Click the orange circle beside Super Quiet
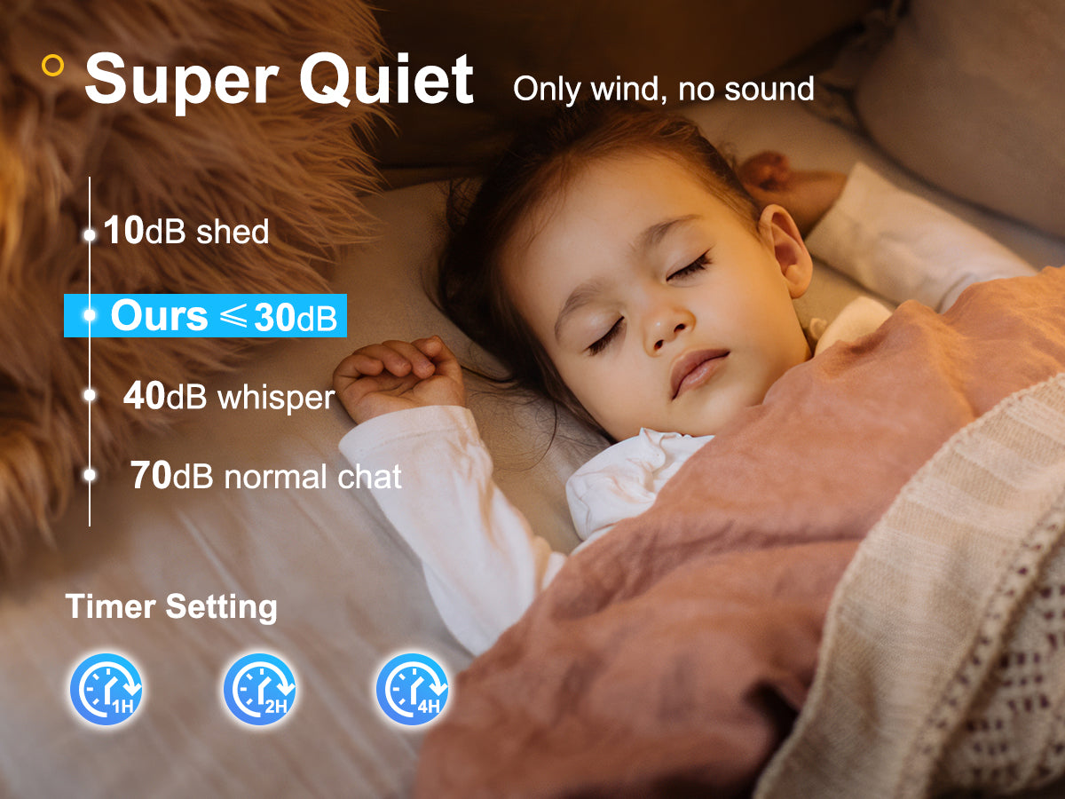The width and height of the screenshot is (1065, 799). coord(52,65)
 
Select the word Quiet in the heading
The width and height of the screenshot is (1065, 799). coord(386,79)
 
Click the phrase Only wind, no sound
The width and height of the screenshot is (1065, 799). coord(663,90)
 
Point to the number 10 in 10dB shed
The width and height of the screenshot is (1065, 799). coord(123,230)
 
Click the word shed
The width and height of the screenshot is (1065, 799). coord(233,231)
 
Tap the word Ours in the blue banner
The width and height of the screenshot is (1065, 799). coord(159,316)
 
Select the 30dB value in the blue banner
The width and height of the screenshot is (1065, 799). coord(296,318)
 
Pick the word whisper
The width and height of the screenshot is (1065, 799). coord(276,399)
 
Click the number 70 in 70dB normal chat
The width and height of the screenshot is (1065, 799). coord(151,476)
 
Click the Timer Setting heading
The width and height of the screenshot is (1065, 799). coord(171,607)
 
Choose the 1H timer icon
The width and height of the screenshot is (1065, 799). coord(106,689)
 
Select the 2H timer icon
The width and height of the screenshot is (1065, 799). coord(259,689)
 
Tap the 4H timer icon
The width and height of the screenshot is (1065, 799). coord(413,689)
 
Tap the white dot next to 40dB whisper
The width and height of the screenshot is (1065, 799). coord(90,395)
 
